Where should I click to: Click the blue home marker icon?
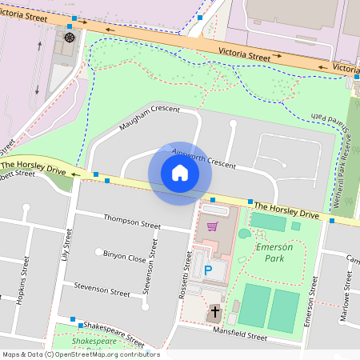click(180, 173)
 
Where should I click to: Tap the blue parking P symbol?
click(209, 271)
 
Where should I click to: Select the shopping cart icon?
click(212, 227)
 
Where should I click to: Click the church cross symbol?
click(214, 311)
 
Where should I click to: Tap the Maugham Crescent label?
click(150, 118)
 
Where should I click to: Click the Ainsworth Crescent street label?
click(203, 159)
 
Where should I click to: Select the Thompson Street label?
click(132, 221)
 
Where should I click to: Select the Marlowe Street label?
click(349, 287)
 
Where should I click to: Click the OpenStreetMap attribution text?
click(80, 354)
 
